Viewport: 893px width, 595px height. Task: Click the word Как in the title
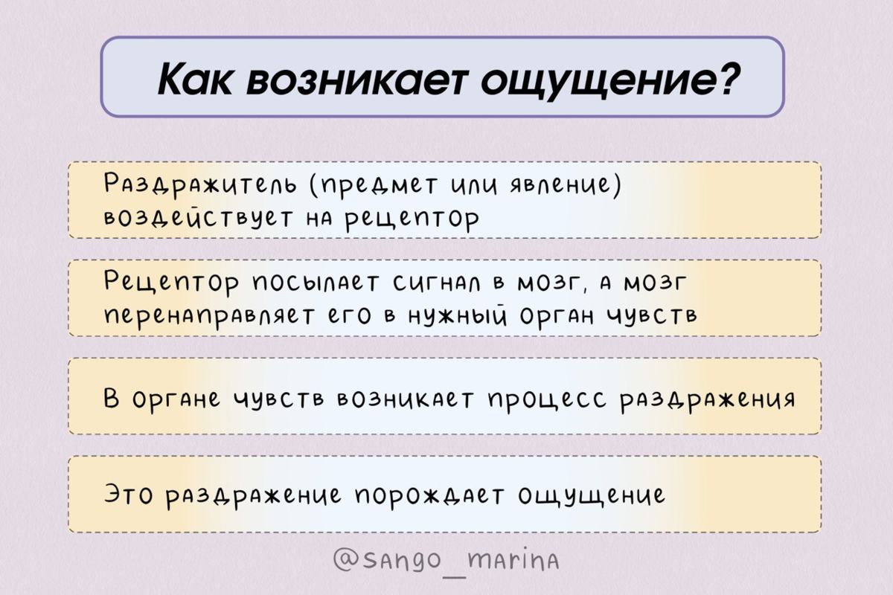[x=195, y=79]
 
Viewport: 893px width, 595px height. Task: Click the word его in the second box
[x=352, y=317]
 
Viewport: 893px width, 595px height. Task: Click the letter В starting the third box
[x=112, y=398]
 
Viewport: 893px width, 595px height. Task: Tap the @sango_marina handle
[x=446, y=559]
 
